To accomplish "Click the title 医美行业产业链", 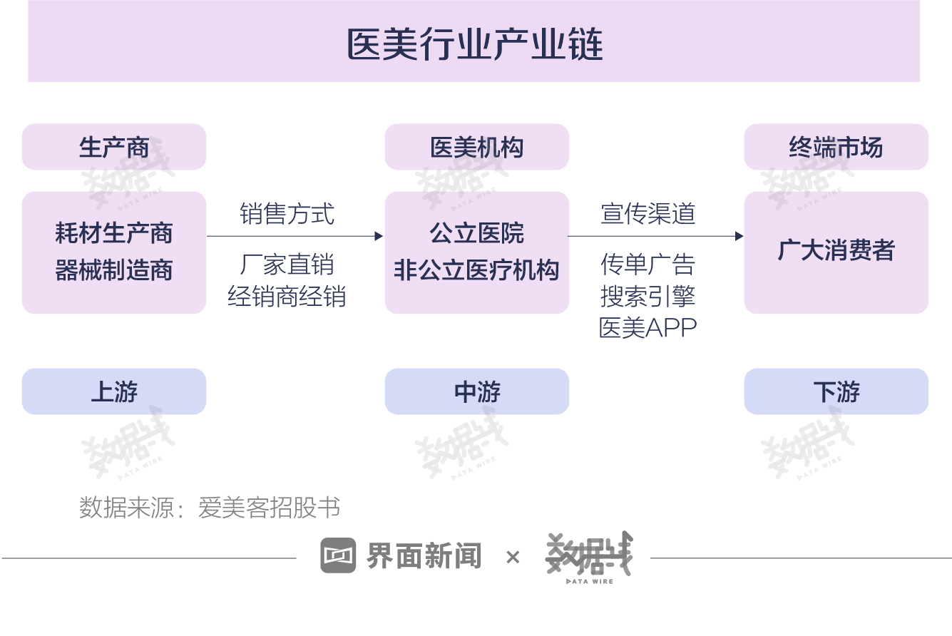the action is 475,44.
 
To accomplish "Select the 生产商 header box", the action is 114,147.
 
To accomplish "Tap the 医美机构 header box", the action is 477,147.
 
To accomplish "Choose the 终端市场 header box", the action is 836,147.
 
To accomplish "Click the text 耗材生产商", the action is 114,233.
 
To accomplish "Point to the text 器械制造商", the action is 114,270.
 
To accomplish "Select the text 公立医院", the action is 477,233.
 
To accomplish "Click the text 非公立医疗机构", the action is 477,270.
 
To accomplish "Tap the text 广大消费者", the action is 836,250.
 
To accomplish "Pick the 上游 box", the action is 114,391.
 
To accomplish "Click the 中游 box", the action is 477,391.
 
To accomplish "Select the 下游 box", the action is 836,391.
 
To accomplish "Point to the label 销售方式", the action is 287,213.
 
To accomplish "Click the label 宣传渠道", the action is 648,213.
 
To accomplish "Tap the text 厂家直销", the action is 287,265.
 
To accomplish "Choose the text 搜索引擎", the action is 648,296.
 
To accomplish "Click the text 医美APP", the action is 648,328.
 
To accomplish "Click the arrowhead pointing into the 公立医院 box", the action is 379,236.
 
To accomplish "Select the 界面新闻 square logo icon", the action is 338,555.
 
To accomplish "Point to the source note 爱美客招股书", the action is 269,507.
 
